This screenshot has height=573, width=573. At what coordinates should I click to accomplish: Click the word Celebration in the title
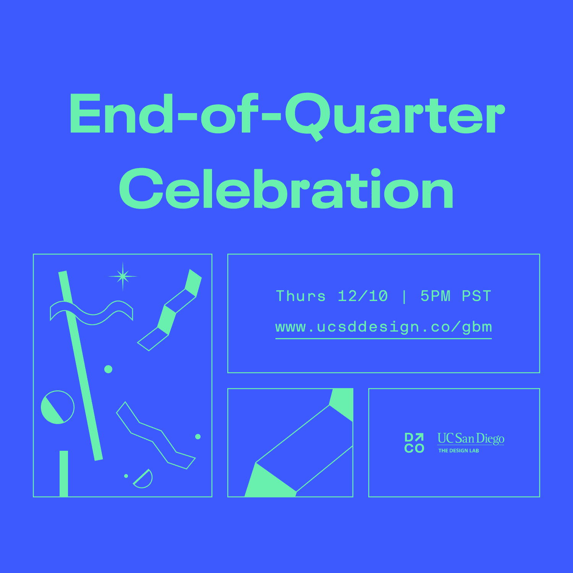pyautogui.click(x=286, y=188)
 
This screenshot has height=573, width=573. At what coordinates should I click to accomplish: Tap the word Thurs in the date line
pyautogui.click(x=301, y=296)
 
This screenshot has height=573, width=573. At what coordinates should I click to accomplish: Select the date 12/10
pyautogui.click(x=363, y=296)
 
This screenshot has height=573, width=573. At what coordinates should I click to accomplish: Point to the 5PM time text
pyautogui.click(x=435, y=296)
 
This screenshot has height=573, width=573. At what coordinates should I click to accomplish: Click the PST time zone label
pyautogui.click(x=476, y=296)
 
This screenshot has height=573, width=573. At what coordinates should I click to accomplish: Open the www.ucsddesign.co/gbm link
pyautogui.click(x=384, y=327)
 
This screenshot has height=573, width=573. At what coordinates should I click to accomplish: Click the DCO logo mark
pyautogui.click(x=414, y=443)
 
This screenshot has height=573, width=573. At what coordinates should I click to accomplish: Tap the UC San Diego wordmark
pyautogui.click(x=471, y=439)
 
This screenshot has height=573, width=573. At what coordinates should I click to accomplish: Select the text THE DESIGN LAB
pyautogui.click(x=458, y=451)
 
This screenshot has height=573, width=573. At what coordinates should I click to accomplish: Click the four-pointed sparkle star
pyautogui.click(x=123, y=276)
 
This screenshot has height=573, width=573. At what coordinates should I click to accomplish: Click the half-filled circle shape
pyautogui.click(x=57, y=407)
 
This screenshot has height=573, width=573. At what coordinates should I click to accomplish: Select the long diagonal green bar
pyautogui.click(x=80, y=366)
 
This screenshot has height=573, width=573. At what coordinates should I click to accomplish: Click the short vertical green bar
pyautogui.click(x=64, y=474)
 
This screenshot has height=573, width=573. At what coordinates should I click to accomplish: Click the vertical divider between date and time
pyautogui.click(x=404, y=296)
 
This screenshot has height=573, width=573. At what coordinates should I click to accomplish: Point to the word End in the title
pyautogui.click(x=121, y=113)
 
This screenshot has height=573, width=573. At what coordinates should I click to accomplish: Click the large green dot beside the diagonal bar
pyautogui.click(x=108, y=369)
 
